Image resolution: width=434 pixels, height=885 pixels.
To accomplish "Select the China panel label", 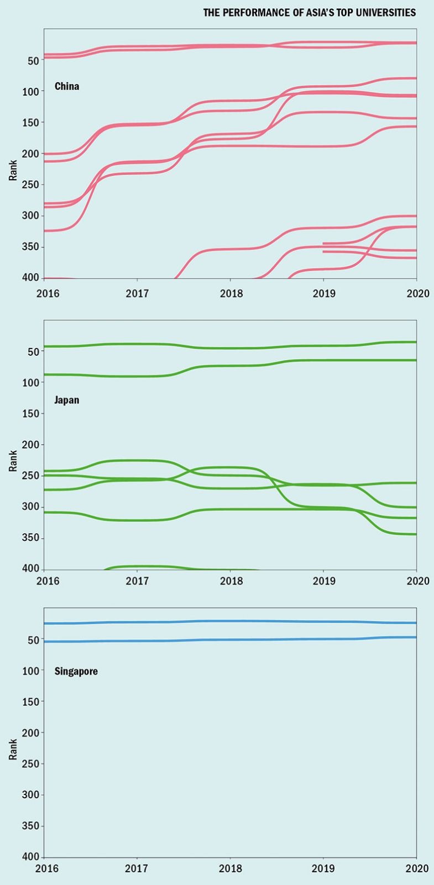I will pyautogui.click(x=67, y=86).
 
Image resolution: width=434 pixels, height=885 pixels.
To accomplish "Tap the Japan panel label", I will pyautogui.click(x=67, y=400).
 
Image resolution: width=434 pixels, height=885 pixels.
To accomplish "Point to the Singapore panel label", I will pyautogui.click(x=76, y=671).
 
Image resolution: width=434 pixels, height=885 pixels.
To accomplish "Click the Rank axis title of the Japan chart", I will pyautogui.click(x=13, y=461).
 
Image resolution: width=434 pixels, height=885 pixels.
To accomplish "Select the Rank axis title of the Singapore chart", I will pyautogui.click(x=13, y=749).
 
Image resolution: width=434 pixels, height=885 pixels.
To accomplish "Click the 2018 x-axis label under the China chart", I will pyautogui.click(x=231, y=293).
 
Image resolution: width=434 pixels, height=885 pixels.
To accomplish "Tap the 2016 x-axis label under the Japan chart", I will pyautogui.click(x=48, y=581).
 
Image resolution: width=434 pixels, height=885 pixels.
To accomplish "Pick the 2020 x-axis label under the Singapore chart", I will pyautogui.click(x=417, y=868).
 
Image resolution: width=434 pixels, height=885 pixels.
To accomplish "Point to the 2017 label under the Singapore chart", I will pyautogui.click(x=137, y=868).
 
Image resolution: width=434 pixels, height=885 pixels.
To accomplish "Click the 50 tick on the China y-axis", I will pyautogui.click(x=33, y=60).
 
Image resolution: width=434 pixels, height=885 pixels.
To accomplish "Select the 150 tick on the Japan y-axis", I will pyautogui.click(x=29, y=413).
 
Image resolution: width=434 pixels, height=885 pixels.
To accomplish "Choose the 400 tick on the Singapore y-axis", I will pyautogui.click(x=29, y=857).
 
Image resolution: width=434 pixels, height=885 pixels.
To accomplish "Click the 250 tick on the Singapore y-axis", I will pyautogui.click(x=29, y=763).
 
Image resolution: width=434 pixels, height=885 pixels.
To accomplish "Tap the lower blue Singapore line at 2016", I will pyautogui.click(x=45, y=641).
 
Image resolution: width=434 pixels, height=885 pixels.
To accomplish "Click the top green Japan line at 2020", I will pyautogui.click(x=415, y=342).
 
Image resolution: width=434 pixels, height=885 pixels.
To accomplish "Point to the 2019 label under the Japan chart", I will pyautogui.click(x=324, y=581).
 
